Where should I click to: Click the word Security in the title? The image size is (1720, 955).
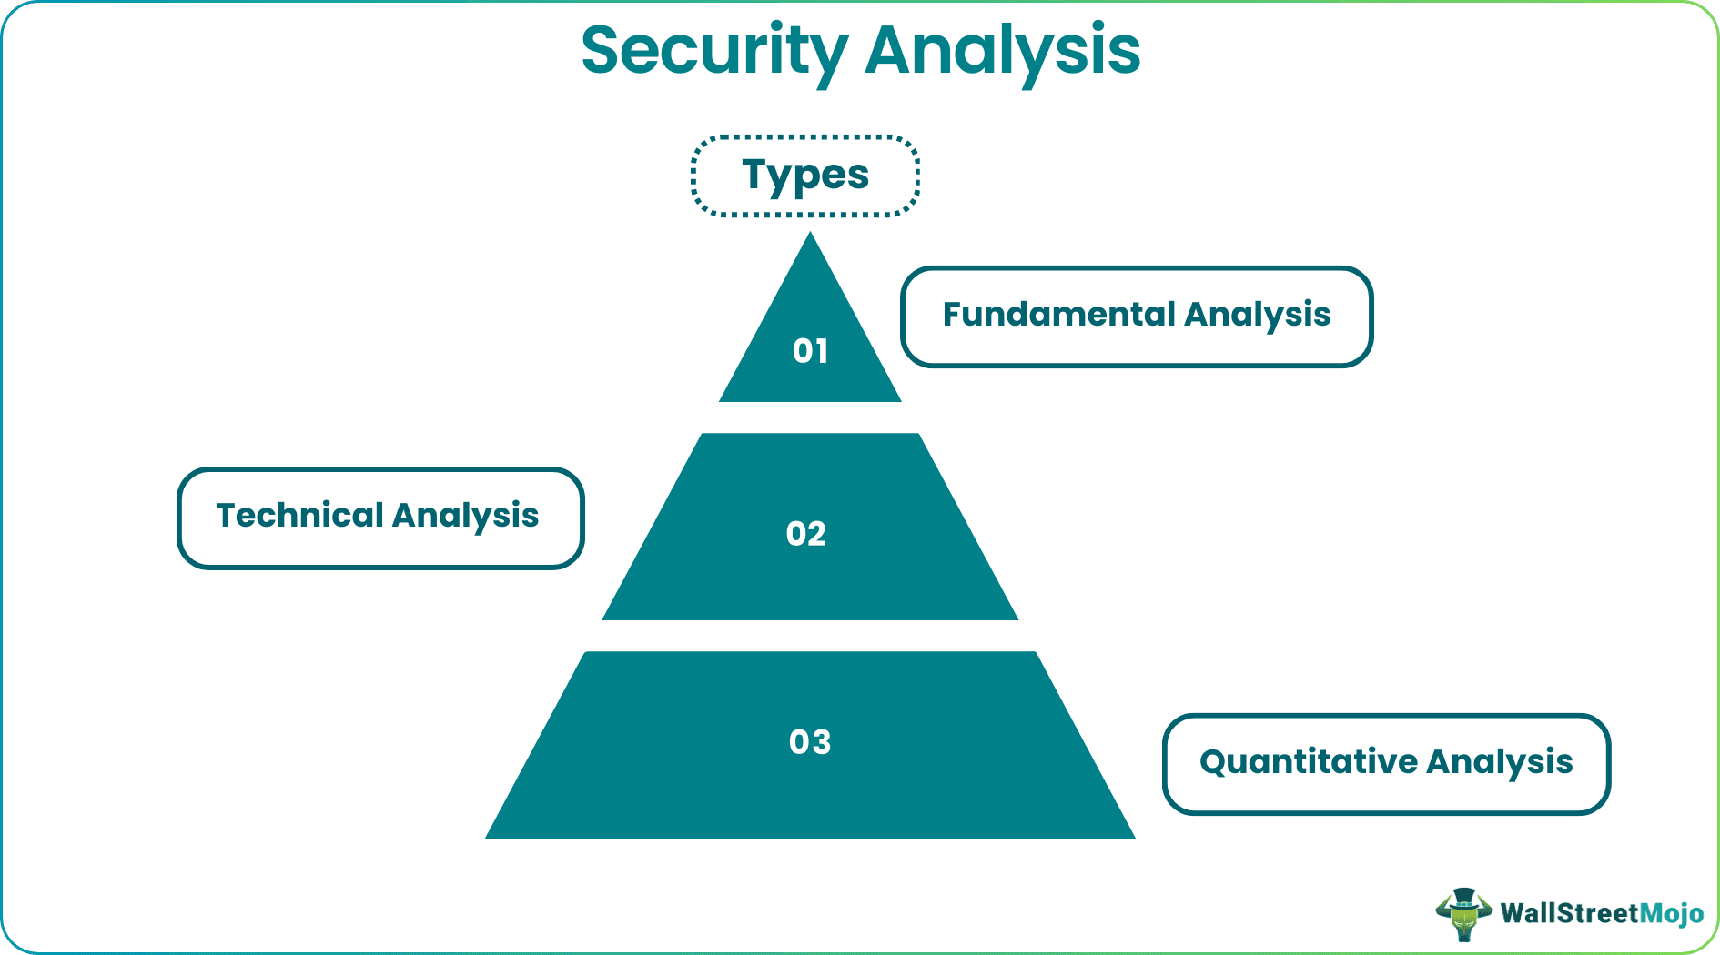714,51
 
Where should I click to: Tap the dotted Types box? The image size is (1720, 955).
805,176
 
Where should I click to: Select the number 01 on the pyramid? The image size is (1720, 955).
810,351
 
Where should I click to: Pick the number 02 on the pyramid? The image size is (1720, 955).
806,533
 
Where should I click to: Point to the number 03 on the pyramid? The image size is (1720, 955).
810,742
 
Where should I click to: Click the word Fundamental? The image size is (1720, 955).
1058,315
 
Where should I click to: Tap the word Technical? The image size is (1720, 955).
300,516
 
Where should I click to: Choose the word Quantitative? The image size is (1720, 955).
1308,762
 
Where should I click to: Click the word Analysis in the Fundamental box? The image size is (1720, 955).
1258,315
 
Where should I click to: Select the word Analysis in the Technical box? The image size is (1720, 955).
466,516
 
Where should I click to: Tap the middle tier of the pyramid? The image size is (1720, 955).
810,573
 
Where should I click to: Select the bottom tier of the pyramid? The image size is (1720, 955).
810,791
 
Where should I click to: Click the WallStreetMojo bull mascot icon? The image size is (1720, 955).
1463,913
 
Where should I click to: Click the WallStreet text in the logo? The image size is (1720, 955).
1569,913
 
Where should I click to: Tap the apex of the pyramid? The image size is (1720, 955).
810,237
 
